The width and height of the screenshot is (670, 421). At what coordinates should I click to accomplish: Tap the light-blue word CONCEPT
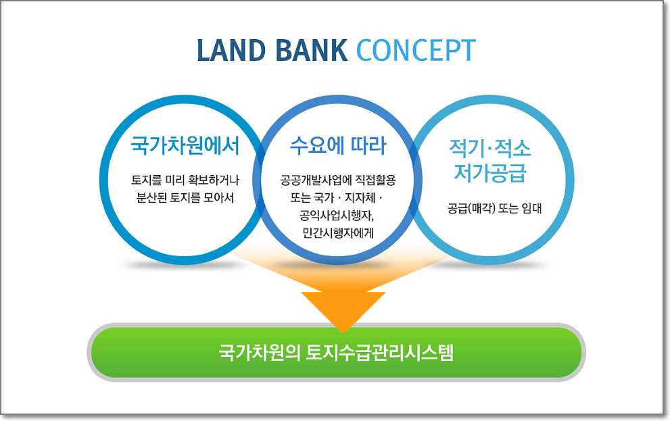pos(416,51)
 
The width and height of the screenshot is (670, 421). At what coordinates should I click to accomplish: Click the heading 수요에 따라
pos(338,146)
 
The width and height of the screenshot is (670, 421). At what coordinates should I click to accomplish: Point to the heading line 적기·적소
pos(490,148)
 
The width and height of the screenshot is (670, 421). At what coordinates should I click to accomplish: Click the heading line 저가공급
pos(490,174)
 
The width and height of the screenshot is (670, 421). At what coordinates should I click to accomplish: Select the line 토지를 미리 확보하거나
pos(185,181)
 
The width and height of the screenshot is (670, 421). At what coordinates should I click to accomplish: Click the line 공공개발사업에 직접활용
pos(338,181)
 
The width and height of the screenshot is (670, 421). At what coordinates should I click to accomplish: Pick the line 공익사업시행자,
pos(338,216)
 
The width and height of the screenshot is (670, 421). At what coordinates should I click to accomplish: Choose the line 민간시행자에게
pos(338,234)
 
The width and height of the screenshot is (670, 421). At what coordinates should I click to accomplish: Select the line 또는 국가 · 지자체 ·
pos(338,199)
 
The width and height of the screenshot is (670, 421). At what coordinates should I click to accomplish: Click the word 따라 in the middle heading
pos(366,146)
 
